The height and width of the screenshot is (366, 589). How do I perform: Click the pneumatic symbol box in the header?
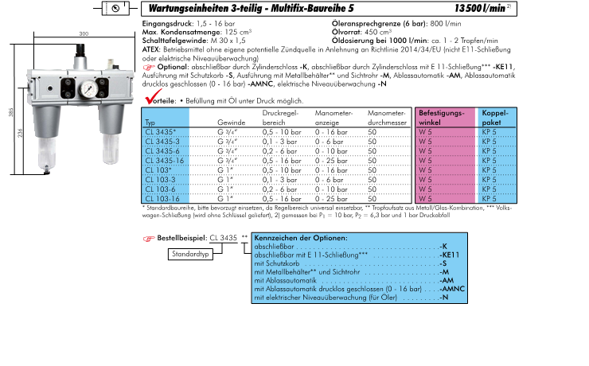[x=115, y=8]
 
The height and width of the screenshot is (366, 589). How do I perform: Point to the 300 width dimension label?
[x=84, y=34]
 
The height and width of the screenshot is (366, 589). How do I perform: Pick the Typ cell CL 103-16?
[x=163, y=198]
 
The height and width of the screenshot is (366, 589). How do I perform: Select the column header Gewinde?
[x=230, y=123]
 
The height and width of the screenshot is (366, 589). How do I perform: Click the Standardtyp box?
[x=192, y=255]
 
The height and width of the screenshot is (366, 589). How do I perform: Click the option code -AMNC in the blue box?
[x=454, y=290]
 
